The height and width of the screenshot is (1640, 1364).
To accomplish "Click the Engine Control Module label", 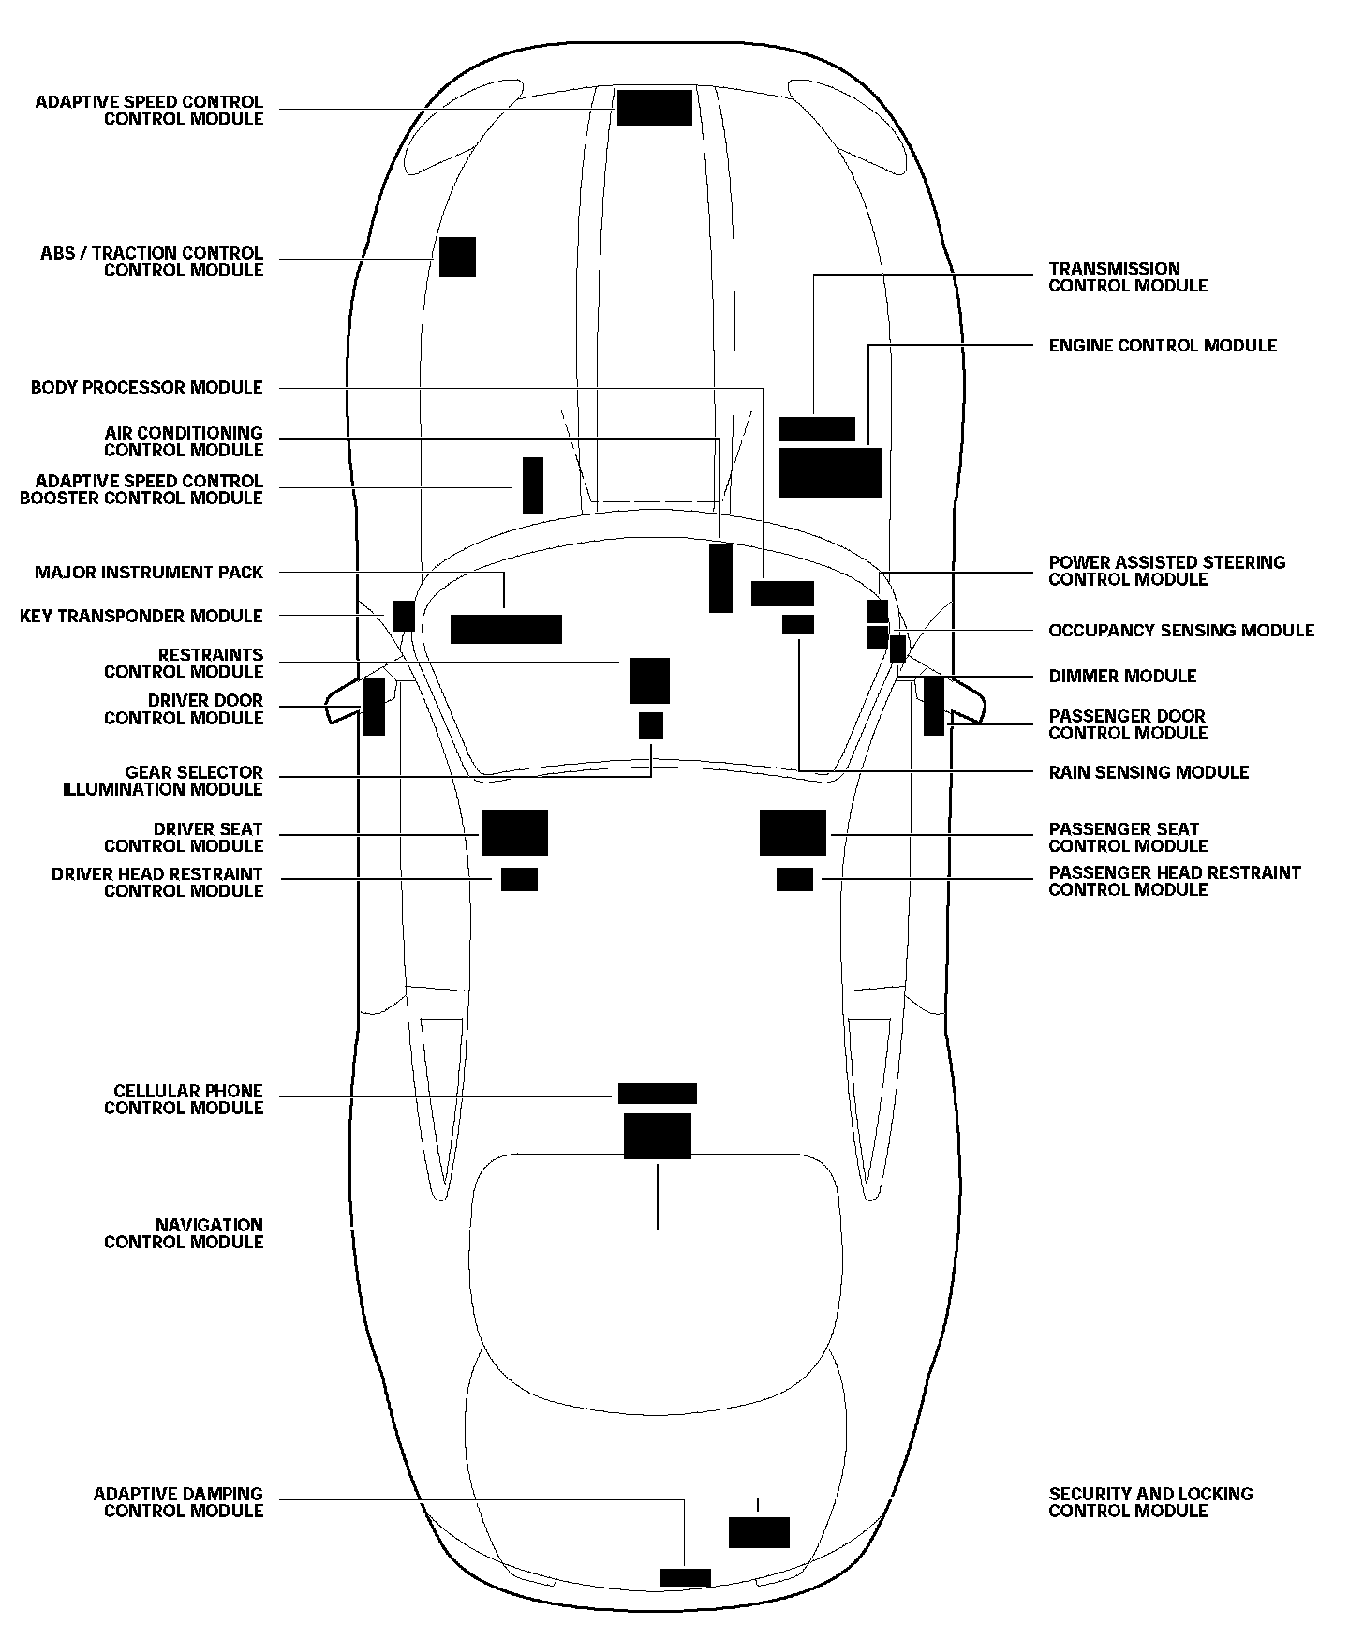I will pyautogui.click(x=1162, y=346).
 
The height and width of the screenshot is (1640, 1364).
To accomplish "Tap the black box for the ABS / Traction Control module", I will pyautogui.click(x=457, y=257).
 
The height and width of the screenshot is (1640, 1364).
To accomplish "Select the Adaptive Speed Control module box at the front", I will pyautogui.click(x=654, y=108).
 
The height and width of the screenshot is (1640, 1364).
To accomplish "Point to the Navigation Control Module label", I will pyautogui.click(x=184, y=1233).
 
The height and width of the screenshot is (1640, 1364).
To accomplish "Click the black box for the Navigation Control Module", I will pyautogui.click(x=657, y=1136).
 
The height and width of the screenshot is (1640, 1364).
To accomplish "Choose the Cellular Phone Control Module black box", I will pyautogui.click(x=657, y=1094).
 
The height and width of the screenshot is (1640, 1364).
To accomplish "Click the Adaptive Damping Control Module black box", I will pyautogui.click(x=685, y=1577).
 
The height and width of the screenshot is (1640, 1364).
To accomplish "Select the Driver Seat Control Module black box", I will pyautogui.click(x=514, y=832).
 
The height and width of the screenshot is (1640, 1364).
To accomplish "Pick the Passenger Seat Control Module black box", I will pyautogui.click(x=793, y=832).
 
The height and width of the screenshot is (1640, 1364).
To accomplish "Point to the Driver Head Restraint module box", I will pyautogui.click(x=519, y=879).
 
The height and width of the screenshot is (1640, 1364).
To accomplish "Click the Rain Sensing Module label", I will pyautogui.click(x=1149, y=772).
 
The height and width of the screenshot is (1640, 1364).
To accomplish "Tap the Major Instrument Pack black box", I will pyautogui.click(x=506, y=629).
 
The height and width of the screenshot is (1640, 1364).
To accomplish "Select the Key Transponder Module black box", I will pyautogui.click(x=404, y=616).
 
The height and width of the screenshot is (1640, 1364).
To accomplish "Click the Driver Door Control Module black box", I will pyautogui.click(x=374, y=707).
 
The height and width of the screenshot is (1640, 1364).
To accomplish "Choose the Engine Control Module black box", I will pyautogui.click(x=830, y=472).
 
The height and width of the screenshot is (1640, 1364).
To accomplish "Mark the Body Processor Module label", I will pyautogui.click(x=147, y=388).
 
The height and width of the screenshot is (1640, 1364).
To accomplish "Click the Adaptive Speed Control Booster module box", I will pyautogui.click(x=532, y=485).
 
